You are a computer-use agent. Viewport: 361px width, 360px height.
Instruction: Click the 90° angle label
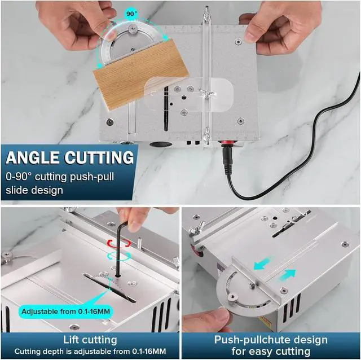[131, 12]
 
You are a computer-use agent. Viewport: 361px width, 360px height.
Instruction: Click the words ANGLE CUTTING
[71, 157]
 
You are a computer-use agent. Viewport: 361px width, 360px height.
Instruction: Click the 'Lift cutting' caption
[90, 340]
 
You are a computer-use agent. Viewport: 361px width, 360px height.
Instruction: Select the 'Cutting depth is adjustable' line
[90, 352]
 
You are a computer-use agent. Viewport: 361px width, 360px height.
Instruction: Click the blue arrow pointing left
[259, 263]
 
